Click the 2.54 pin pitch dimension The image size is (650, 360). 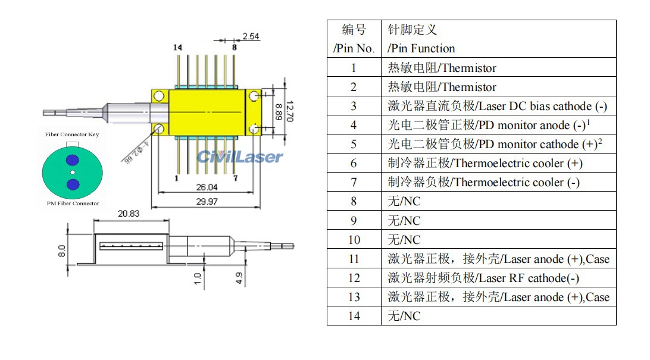[x=251, y=36]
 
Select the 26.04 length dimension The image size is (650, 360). [x=207, y=187]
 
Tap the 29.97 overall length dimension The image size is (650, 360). [x=207, y=202]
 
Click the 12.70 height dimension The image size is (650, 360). [x=289, y=111]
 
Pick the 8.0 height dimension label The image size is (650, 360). [x=61, y=248]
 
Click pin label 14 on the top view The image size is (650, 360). [x=177, y=47]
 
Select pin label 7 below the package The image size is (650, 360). [x=235, y=178]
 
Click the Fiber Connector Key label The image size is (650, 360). [x=72, y=134]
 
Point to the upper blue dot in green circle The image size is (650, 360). [x=72, y=159]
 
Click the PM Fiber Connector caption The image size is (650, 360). [x=72, y=204]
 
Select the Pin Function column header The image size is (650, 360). [x=421, y=49]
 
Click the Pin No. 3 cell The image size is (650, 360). [x=354, y=106]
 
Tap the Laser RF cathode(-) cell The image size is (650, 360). [x=483, y=278]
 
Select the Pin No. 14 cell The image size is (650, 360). [x=354, y=316]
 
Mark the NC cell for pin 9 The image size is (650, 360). [x=404, y=221]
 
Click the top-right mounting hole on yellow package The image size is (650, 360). [x=254, y=95]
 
